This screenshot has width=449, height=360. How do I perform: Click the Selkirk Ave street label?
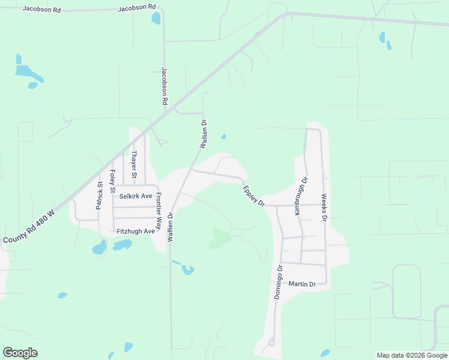(136, 196)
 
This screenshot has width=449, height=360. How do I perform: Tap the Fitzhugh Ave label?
(136, 231)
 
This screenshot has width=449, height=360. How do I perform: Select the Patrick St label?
(99, 196)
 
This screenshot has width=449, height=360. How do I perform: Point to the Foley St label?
(112, 182)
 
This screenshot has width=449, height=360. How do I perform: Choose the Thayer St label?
(135, 165)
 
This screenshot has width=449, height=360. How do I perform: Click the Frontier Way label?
(159, 211)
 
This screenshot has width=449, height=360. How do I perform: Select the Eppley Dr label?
(254, 197)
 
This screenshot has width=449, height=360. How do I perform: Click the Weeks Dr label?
(324, 208)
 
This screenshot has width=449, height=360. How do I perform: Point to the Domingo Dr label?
(278, 282)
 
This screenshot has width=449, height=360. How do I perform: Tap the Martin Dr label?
(302, 284)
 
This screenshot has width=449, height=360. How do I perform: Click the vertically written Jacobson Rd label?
(164, 86)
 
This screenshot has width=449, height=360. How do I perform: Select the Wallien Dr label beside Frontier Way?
(170, 227)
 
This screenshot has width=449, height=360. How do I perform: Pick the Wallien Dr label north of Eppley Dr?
(203, 134)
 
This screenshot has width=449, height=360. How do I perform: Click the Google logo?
(20, 353)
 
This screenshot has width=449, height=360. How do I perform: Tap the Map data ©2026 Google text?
(412, 355)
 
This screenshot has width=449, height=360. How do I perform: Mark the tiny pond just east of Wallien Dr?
(224, 137)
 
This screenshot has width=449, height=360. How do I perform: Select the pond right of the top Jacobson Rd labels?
(156, 18)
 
